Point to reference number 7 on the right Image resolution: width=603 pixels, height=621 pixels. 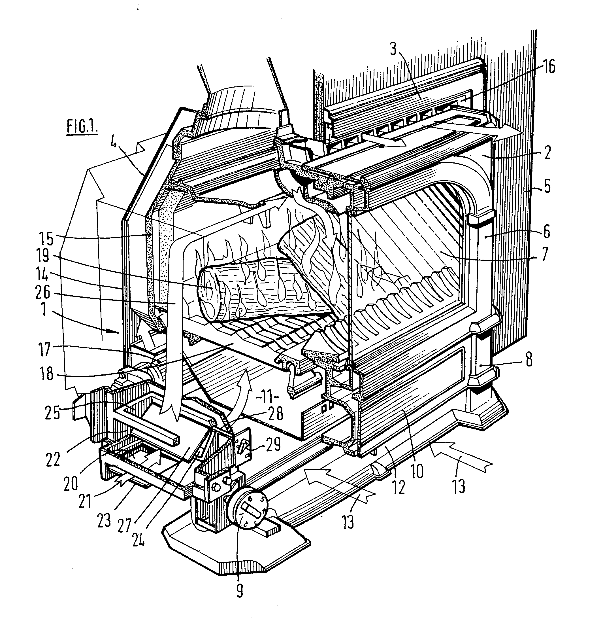pos(544,254)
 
